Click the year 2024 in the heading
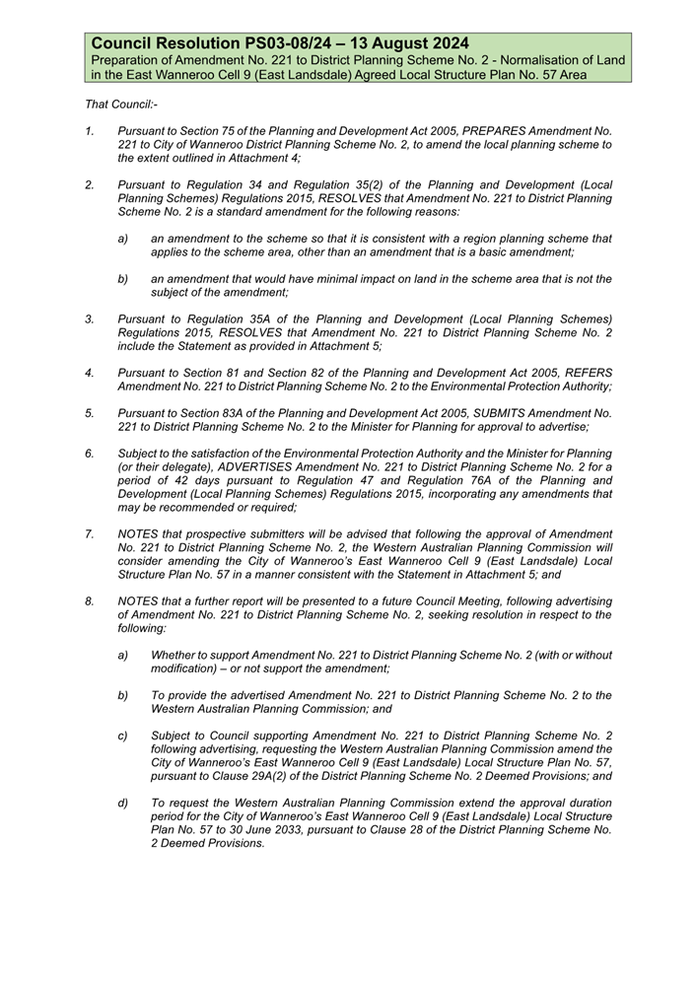pyautogui.click(x=446, y=44)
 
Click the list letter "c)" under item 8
pyautogui.click(x=123, y=736)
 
